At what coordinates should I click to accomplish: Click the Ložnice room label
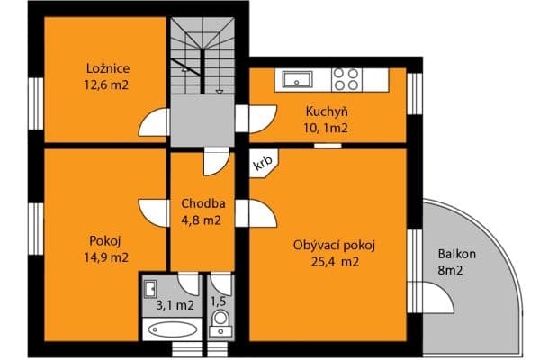(x=106, y=68)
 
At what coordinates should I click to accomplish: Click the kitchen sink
(x=296, y=79)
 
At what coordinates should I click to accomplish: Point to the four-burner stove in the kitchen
(x=346, y=78)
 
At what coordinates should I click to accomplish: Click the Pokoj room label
(x=105, y=240)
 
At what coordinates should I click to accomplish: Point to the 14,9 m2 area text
(x=105, y=256)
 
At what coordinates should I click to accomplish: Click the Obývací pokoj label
(x=333, y=246)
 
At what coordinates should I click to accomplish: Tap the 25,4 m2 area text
(x=333, y=263)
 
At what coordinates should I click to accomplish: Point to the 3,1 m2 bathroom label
(x=174, y=305)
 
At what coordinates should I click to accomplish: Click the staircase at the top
(x=206, y=63)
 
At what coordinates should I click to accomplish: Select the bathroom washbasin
(x=151, y=289)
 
